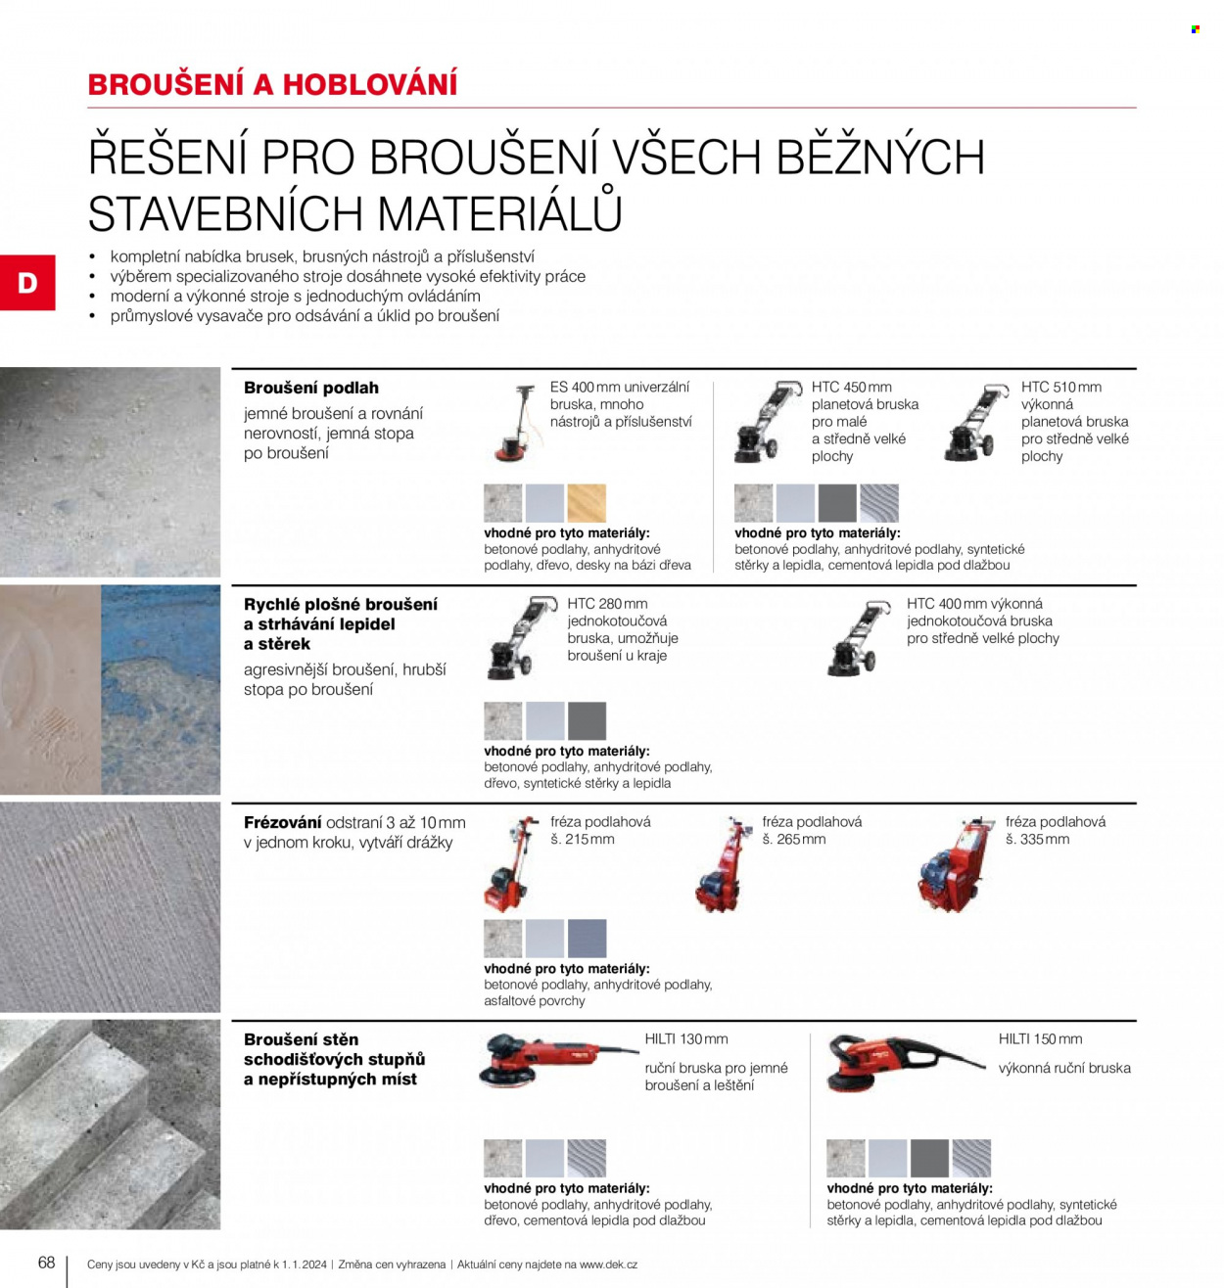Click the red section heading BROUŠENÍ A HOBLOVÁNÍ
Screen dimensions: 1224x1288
273,84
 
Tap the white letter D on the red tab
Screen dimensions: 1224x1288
27,283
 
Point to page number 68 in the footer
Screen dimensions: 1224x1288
47,1262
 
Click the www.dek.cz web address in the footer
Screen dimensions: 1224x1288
608,1265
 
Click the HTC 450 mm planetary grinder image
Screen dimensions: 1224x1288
767,422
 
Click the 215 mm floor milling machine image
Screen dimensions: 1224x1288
511,864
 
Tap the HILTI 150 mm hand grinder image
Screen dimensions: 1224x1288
906,1063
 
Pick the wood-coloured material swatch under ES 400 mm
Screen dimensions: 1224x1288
587,502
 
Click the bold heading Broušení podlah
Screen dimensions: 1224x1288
311,388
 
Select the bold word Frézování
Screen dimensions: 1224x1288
283,822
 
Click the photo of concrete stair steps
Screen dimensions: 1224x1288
110,1125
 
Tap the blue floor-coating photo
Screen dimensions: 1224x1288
161,689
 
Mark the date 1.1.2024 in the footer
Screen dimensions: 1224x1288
305,1265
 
